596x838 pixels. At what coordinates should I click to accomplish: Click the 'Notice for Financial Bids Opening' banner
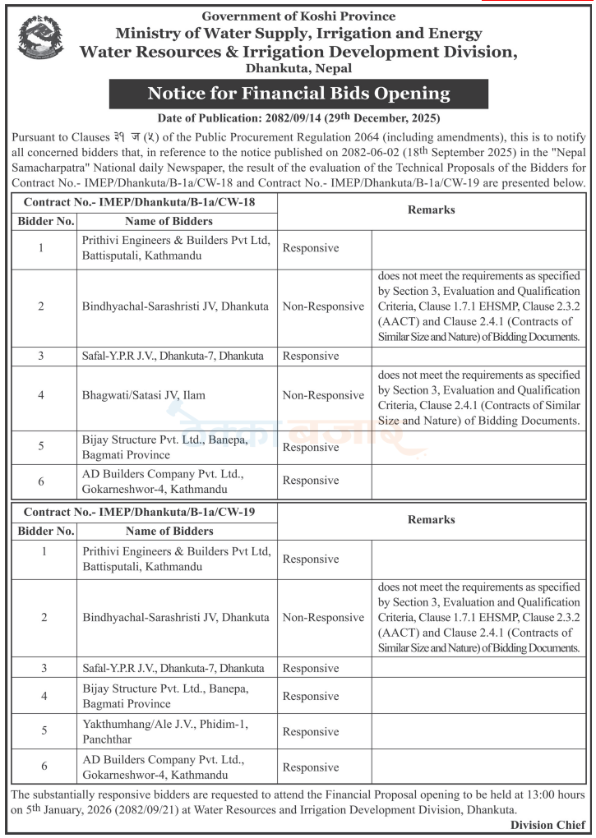tap(298, 93)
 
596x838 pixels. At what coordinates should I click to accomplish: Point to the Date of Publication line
tap(298, 118)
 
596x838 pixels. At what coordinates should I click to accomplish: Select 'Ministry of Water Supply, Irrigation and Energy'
tap(298, 34)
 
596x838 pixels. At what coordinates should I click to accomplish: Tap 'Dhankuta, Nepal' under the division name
tap(298, 69)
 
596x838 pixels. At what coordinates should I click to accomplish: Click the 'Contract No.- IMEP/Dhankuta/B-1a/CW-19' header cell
tap(139, 511)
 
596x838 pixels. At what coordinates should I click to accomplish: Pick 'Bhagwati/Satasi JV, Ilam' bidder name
tap(143, 395)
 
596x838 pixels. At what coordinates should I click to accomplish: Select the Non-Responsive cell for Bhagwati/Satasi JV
tap(323, 395)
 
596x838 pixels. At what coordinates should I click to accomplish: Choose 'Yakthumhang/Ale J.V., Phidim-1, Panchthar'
tap(164, 731)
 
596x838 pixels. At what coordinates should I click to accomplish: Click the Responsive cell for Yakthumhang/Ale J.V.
tap(311, 732)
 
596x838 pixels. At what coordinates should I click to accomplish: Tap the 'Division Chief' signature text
tap(547, 825)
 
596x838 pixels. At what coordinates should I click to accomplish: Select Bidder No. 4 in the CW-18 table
tap(41, 395)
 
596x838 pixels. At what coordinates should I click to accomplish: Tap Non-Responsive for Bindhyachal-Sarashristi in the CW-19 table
tap(323, 618)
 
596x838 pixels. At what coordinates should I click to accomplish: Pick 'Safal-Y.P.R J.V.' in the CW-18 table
tap(173, 356)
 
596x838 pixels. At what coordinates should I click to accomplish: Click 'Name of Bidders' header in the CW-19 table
tap(169, 531)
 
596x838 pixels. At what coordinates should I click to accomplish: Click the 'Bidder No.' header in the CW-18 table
tap(46, 221)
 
